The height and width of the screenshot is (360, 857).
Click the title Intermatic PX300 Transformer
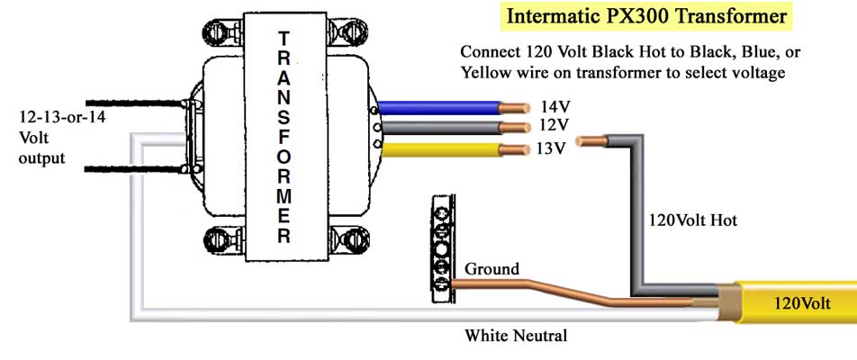[x=646, y=16]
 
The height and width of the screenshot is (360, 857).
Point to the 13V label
[x=550, y=148]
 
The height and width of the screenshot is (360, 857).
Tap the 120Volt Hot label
[x=693, y=220]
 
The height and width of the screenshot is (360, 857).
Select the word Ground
[x=492, y=268]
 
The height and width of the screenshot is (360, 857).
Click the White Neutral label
[x=516, y=336]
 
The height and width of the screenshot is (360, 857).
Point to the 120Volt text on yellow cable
[x=801, y=303]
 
